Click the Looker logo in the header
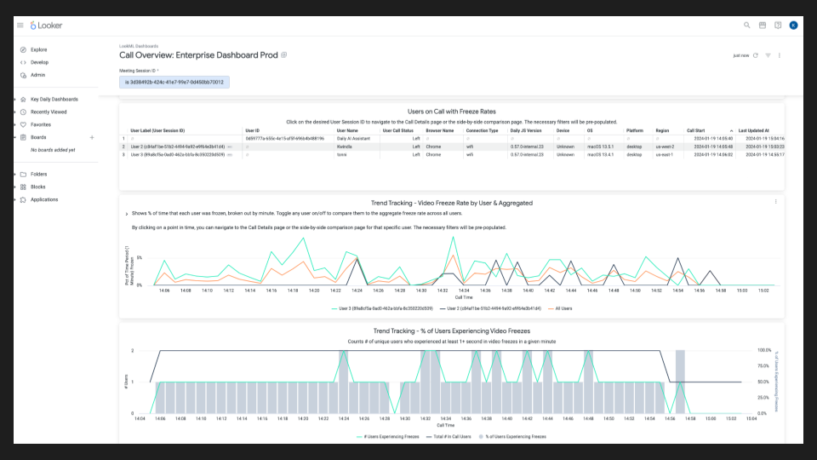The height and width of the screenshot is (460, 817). pos(46,26)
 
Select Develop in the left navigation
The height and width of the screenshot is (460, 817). pos(39,62)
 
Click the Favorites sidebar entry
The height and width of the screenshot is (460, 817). pos(41,124)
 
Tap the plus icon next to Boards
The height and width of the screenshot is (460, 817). pos(92,137)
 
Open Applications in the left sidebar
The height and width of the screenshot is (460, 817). pos(44,199)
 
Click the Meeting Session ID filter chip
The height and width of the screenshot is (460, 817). pos(174,83)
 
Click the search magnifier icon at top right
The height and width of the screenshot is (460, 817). pos(747,26)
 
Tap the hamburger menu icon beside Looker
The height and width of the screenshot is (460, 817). pos(20,26)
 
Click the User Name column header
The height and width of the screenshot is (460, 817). pos(347,130)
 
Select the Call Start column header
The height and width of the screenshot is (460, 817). pos(697,130)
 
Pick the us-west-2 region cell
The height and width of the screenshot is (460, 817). pos(664,147)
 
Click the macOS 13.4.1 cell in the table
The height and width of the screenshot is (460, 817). pos(600,155)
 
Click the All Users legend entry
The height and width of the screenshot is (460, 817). pos(561,308)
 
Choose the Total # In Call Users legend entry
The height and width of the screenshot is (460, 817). pos(452,436)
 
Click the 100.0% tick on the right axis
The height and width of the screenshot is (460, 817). pos(764,350)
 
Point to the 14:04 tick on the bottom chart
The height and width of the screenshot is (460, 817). pos(140,418)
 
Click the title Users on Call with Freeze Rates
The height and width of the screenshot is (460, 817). pos(451,112)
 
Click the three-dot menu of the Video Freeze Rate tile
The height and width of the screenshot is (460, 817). pos(775,202)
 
